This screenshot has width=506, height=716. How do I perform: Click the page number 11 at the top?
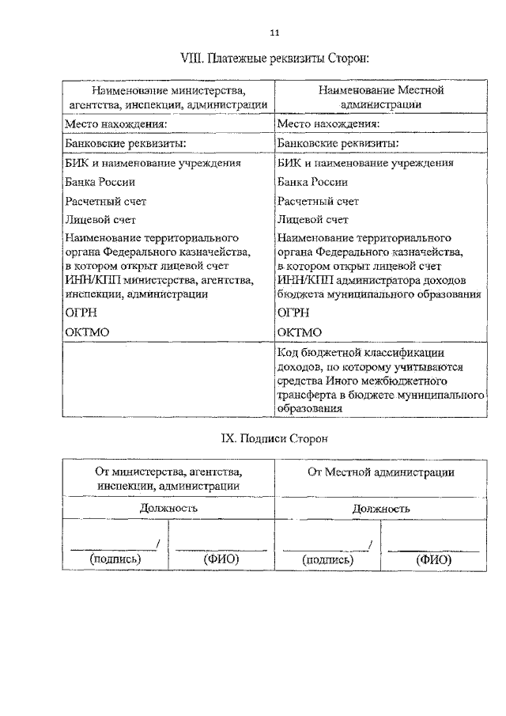(x=274, y=32)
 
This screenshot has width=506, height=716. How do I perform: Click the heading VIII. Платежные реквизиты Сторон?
(x=274, y=59)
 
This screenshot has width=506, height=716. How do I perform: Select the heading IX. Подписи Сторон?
(x=273, y=438)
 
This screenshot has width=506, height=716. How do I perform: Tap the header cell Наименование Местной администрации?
(x=380, y=97)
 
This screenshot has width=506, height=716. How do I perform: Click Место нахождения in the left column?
(x=115, y=124)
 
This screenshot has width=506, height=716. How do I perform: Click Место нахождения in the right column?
(x=328, y=124)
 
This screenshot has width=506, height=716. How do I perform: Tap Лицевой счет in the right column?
(x=313, y=220)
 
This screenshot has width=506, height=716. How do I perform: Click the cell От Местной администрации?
(x=380, y=472)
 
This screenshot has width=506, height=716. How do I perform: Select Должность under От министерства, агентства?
(x=168, y=508)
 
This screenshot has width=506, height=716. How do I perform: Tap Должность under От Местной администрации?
(x=380, y=508)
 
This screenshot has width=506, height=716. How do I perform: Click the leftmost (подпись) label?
(x=115, y=559)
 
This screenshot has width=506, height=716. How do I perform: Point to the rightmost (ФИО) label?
(x=433, y=559)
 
